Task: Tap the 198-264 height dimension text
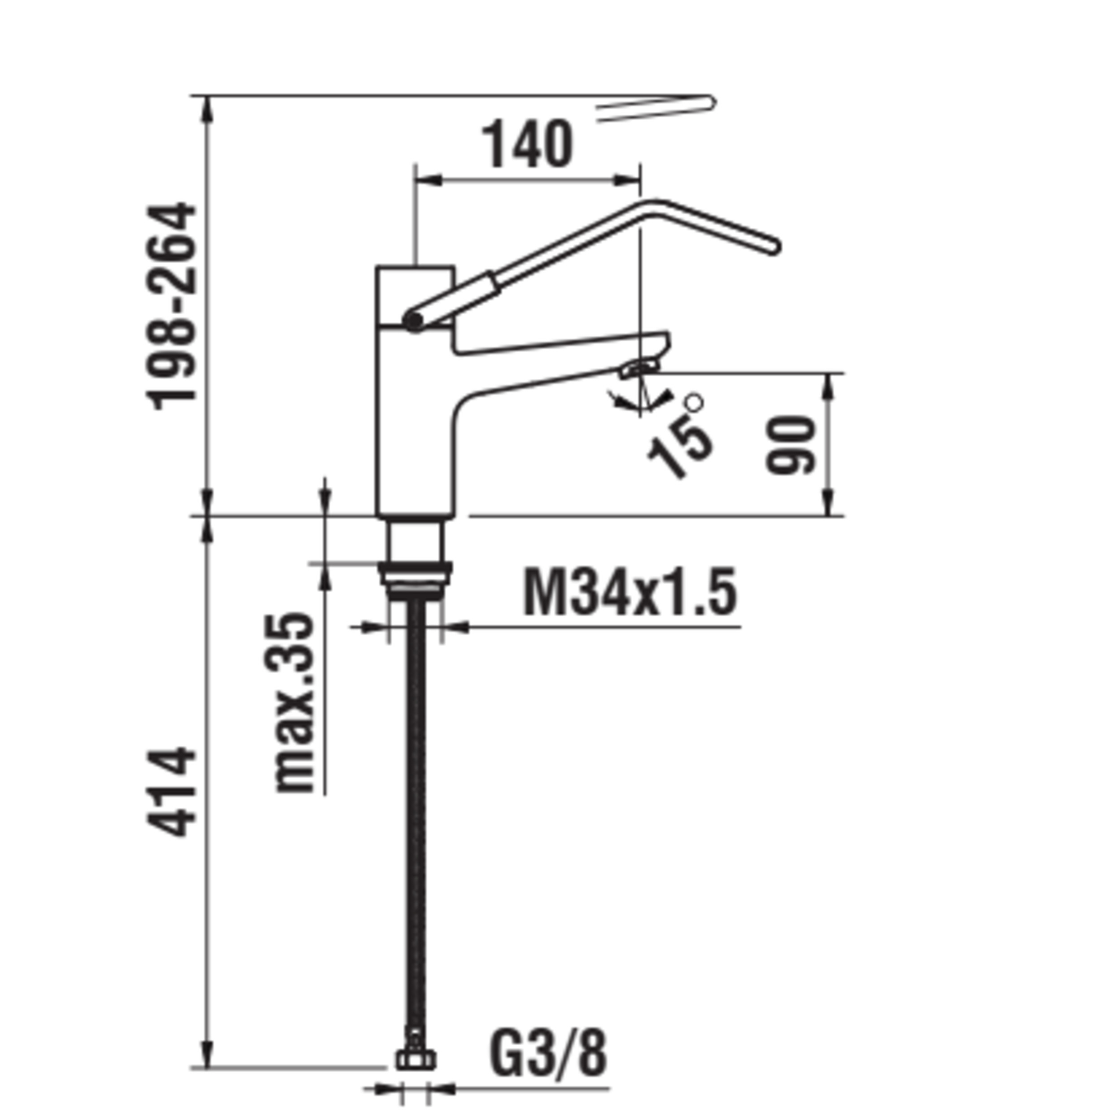[171, 306]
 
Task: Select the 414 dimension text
[171, 792]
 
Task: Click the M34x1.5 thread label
[630, 591]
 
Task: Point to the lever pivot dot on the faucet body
[414, 321]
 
